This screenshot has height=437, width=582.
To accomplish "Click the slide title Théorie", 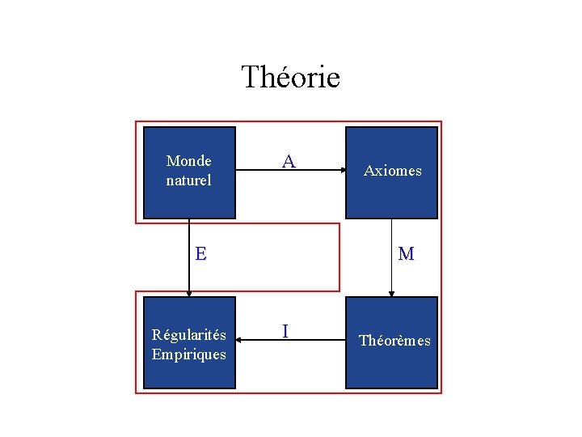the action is click(x=290, y=78).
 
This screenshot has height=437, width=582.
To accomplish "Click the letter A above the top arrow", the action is click(x=288, y=161).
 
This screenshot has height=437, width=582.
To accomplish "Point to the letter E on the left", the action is click(x=200, y=253).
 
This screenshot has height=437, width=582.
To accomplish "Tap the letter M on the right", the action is click(x=406, y=254).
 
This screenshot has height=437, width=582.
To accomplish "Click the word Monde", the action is click(x=188, y=161).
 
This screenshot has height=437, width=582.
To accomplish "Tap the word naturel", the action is click(x=188, y=180).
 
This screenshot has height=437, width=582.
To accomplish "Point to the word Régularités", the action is click(x=189, y=335).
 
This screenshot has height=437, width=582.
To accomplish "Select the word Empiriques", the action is click(x=189, y=354).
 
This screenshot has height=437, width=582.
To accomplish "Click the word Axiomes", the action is click(x=392, y=171).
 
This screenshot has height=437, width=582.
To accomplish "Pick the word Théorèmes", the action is click(x=394, y=341).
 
